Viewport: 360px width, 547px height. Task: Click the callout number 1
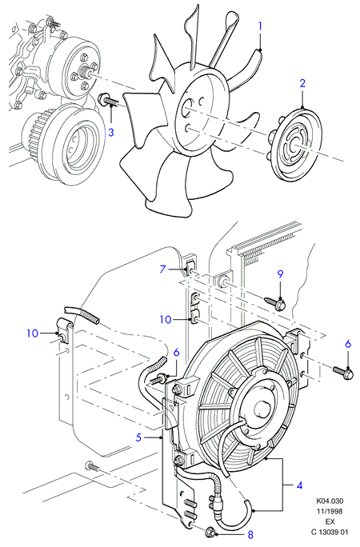click(260, 26)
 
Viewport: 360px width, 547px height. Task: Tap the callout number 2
click(302, 83)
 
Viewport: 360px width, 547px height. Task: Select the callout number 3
click(110, 132)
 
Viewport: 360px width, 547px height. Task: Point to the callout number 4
click(299, 485)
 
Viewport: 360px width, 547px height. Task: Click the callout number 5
click(139, 437)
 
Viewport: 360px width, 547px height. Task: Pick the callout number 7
click(162, 269)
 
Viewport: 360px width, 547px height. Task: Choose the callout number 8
click(250, 534)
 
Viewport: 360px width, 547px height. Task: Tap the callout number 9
click(280, 274)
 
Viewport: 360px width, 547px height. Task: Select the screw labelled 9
click(276, 302)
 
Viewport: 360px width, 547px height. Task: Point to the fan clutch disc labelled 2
click(294, 145)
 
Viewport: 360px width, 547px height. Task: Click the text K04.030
click(330, 501)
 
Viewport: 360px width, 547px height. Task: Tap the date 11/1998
click(330, 512)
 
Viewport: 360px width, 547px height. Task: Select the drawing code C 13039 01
click(330, 533)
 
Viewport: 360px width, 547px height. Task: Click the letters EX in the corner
click(330, 522)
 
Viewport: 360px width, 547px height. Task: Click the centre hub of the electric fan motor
click(262, 408)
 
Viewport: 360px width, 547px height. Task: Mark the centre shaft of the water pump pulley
click(86, 72)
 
